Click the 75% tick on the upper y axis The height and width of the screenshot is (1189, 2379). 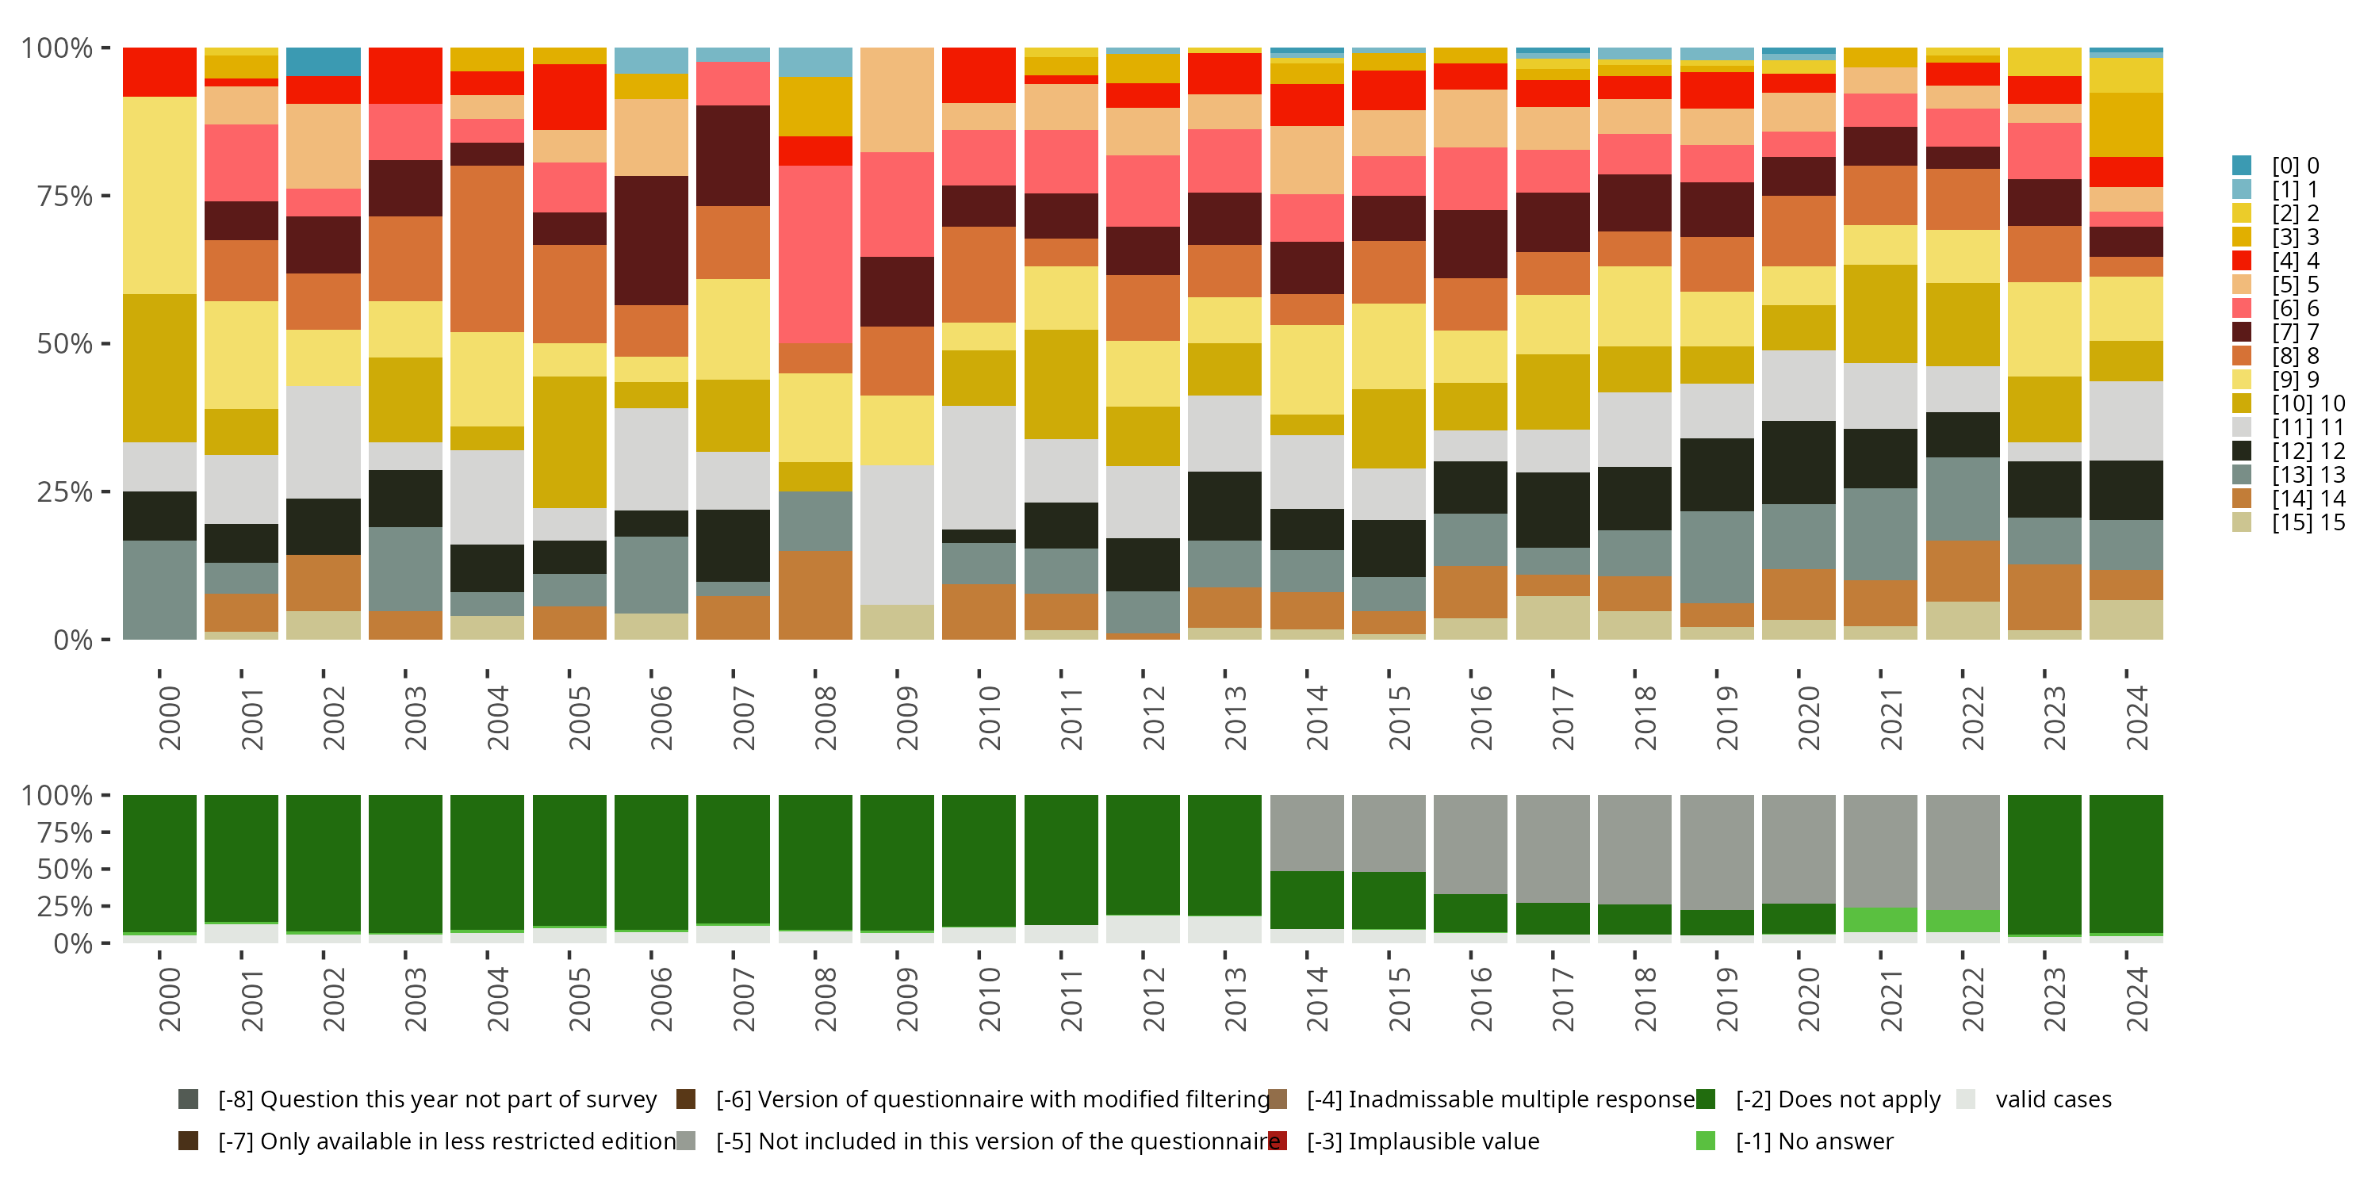pos(65,196)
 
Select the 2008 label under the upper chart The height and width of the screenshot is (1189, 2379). pos(826,717)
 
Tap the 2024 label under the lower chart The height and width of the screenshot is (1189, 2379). pos(2136,999)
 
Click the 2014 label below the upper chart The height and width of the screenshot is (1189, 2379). pos(1317,717)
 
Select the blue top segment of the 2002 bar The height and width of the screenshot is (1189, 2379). pos(324,62)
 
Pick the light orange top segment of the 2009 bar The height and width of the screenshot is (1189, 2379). pos(897,100)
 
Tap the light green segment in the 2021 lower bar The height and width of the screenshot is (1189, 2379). pos(1879,919)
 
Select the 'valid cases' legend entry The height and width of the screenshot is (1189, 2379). pos(2052,1099)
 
